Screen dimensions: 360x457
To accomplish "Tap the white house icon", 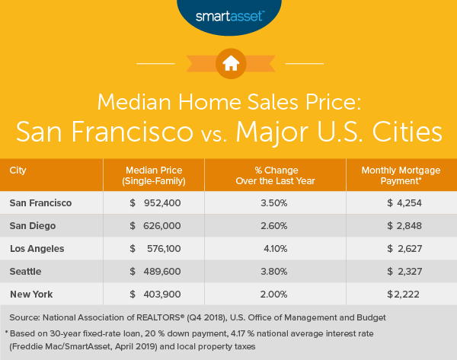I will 228,64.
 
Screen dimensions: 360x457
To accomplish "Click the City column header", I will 20,169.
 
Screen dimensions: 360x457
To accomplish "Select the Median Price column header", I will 161,174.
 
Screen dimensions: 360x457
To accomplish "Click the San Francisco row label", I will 42,202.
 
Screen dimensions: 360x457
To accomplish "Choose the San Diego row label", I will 34,225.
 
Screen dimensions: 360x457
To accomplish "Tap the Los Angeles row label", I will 37,248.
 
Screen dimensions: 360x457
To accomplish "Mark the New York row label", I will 30,294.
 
